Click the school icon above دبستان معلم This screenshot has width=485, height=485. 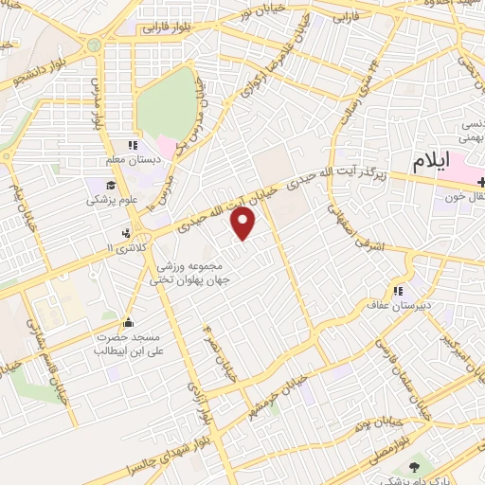click(133, 146)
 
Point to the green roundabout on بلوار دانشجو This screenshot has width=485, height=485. click(94, 45)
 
